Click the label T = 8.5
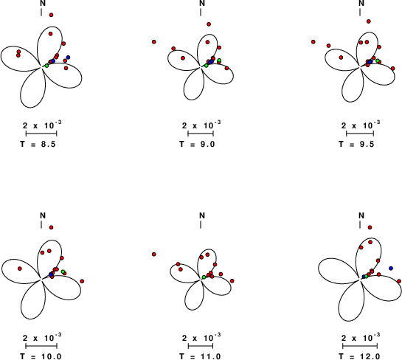coord(38,144)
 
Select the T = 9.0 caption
coord(197,144)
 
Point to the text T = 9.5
coord(356,144)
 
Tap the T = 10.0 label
coord(41,356)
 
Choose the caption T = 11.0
coord(200,356)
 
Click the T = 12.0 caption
coord(359,356)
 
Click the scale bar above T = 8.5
coord(41,134)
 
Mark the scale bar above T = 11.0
coord(201,346)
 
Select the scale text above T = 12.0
coord(361,338)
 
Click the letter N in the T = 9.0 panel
coord(202,3)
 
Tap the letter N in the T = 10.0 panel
coord(43,215)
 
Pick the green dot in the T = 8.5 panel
coord(46,66)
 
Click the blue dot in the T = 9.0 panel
coord(210,62)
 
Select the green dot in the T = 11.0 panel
coord(204,277)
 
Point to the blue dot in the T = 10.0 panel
coord(51,274)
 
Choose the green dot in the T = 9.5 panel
coord(378,60)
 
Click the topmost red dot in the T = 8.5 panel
coord(52,15)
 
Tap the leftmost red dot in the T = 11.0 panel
coord(154,255)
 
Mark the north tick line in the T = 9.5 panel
coord(360,12)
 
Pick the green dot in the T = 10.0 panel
coord(63,271)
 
